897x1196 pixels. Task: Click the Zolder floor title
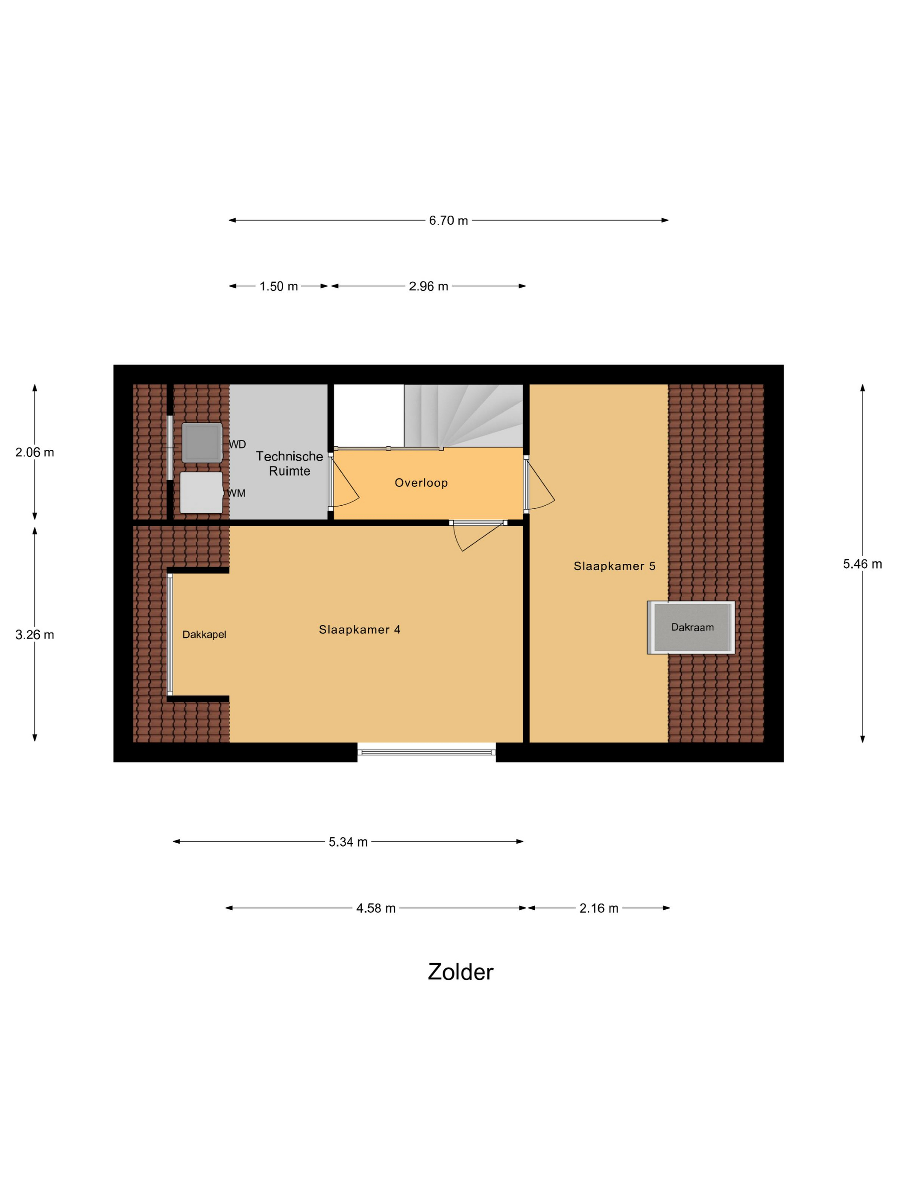[x=460, y=972]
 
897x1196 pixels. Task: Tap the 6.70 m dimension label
[x=448, y=220]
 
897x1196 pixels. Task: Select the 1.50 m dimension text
[x=278, y=287]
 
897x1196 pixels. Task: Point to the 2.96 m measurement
[x=428, y=287]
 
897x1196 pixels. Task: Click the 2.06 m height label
[x=35, y=452]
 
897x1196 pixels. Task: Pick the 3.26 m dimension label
[x=35, y=634]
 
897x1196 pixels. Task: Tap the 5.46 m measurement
[x=862, y=564]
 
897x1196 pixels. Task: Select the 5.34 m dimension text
[x=348, y=842]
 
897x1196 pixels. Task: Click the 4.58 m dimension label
[x=376, y=909]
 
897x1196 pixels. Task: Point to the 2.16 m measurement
[x=598, y=909]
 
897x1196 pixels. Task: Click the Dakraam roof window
[x=691, y=627]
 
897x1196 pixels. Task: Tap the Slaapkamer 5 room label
[x=614, y=566]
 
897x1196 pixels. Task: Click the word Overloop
[x=421, y=483]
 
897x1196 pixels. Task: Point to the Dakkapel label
[x=204, y=634]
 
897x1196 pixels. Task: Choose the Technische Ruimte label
[x=289, y=463]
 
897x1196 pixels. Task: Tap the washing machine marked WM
[x=201, y=492]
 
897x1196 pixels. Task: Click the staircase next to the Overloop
[x=463, y=416]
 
